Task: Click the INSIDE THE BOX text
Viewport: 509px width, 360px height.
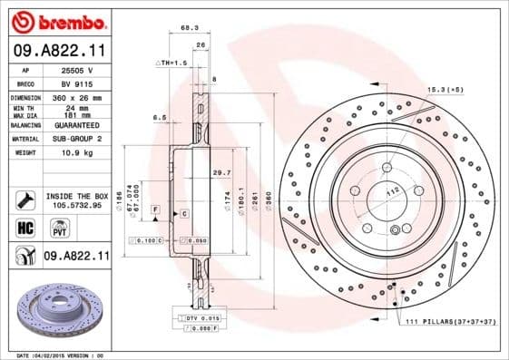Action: [x=76, y=196]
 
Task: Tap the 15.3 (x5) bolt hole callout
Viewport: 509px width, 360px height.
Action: [x=445, y=89]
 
